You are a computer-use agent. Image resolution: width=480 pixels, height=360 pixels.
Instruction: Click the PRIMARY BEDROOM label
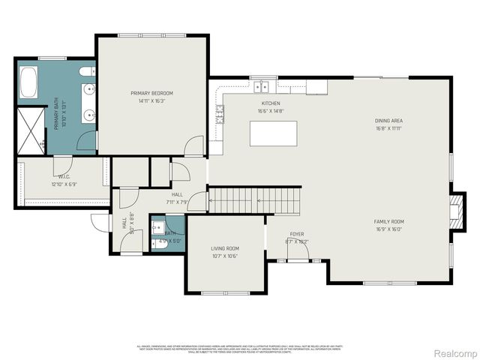(x=152, y=94)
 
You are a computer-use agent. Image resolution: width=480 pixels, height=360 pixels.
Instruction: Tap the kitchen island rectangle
(x=273, y=133)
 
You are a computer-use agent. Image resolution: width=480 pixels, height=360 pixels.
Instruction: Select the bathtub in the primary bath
(x=28, y=83)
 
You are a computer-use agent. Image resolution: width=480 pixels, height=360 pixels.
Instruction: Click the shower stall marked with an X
(x=32, y=130)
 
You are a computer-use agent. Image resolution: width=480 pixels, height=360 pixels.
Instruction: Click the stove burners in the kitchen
(x=220, y=114)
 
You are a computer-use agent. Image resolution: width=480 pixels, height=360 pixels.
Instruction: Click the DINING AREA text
(x=388, y=121)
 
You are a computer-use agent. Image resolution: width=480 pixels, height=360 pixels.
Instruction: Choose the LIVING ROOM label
(x=224, y=248)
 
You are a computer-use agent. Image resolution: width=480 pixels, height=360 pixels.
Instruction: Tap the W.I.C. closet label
(x=61, y=177)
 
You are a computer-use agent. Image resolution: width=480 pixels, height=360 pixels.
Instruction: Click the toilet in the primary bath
(x=86, y=72)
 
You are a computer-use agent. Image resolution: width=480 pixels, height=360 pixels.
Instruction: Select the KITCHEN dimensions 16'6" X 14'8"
(x=270, y=111)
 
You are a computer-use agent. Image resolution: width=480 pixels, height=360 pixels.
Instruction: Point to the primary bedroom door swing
(x=194, y=145)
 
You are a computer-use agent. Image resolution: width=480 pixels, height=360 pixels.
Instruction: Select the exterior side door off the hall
(x=100, y=223)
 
